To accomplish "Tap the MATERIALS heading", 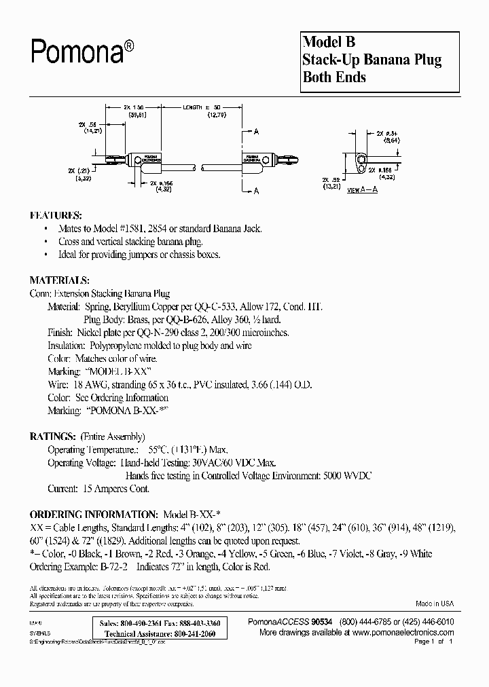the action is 59,280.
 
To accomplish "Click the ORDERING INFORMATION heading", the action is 93,515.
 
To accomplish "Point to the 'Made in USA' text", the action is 435,604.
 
